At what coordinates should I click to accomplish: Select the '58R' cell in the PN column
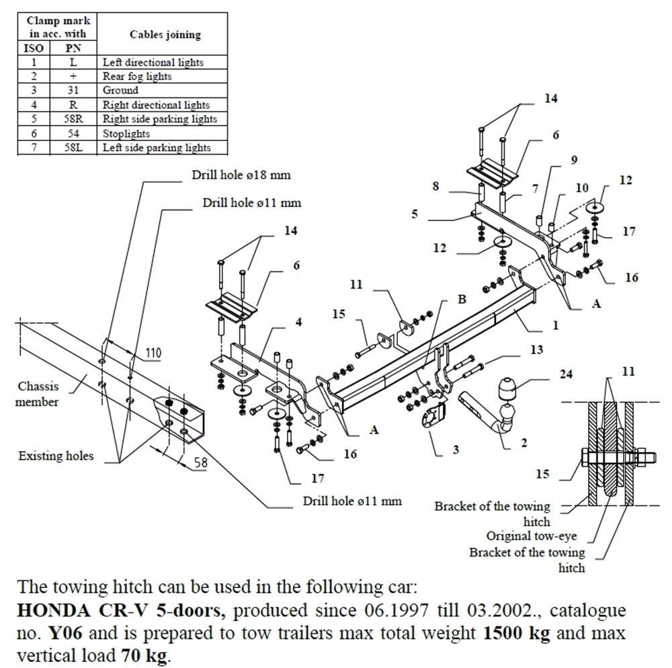(73, 119)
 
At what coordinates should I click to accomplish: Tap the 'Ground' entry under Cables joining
(120, 90)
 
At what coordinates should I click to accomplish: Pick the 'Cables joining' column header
(164, 35)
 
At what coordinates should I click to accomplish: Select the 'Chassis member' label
(38, 394)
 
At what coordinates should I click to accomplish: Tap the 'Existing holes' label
(56, 456)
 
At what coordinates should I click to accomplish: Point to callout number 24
(566, 374)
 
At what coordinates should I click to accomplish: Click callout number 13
(536, 350)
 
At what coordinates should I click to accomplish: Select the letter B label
(462, 300)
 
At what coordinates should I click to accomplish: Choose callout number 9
(573, 160)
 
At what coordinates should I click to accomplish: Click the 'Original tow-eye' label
(531, 536)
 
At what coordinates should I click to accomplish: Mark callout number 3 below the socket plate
(456, 450)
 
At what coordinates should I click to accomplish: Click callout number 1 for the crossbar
(555, 326)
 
